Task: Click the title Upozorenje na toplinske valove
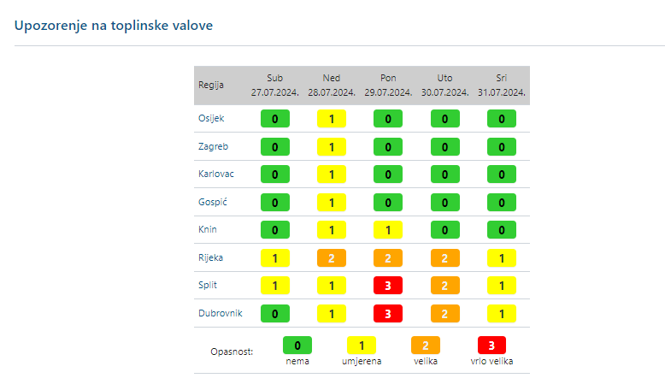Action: pos(114,26)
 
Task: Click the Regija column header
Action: pos(211,85)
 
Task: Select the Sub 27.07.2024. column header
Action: pos(274,85)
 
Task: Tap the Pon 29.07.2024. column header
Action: pos(388,85)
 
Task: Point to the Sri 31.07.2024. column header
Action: pos(502,85)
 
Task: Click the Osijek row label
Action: pos(211,118)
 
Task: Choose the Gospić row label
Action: pos(213,202)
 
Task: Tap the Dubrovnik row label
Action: pos(221,313)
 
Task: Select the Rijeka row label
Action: pos(211,257)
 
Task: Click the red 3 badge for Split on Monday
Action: pos(388,286)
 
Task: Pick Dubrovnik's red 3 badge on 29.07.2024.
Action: pos(388,314)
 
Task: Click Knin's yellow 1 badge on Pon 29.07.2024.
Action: pos(388,230)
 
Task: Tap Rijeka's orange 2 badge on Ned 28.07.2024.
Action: pos(332,257)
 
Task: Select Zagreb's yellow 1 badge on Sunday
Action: pos(332,147)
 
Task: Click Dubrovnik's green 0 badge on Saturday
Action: pos(274,314)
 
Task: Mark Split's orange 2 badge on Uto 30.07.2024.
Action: pos(444,286)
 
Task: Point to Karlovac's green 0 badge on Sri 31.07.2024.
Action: pos(502,174)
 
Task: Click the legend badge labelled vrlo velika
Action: pos(491,346)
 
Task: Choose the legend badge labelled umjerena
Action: pos(362,346)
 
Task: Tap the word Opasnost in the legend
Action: pos(231,352)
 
